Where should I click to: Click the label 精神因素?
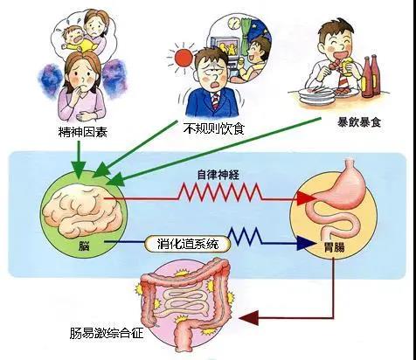point(83,132)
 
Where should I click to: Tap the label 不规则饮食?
point(213,128)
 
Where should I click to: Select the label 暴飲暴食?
point(359,122)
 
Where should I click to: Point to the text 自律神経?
point(218,175)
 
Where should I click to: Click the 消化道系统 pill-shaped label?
point(188,244)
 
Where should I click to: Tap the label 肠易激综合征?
point(107,333)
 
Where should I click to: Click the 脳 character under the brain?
point(84,246)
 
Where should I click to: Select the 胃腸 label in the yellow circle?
point(334,247)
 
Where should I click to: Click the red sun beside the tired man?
point(183,58)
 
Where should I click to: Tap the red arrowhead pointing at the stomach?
point(306,198)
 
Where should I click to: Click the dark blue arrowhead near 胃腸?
point(306,244)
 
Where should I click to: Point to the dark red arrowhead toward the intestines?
point(248,317)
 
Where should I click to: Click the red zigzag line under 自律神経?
point(220,192)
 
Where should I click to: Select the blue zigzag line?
point(244,236)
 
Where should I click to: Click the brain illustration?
point(83,209)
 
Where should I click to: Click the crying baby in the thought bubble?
point(73,40)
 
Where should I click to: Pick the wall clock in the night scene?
point(232,23)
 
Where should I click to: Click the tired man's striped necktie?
point(216,101)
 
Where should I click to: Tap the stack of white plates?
point(315,96)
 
